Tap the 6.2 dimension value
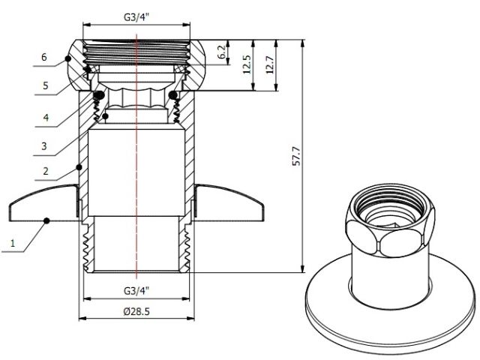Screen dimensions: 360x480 (x=222, y=52)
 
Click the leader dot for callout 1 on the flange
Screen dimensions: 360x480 (x=46, y=220)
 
